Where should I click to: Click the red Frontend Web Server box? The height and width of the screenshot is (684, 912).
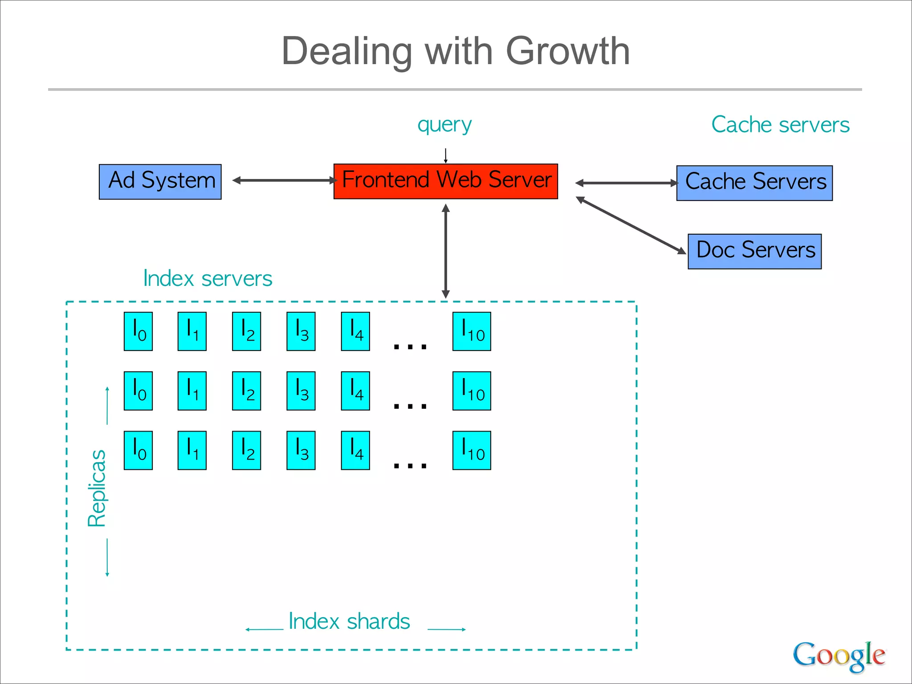click(x=445, y=181)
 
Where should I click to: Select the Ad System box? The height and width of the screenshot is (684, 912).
click(x=160, y=182)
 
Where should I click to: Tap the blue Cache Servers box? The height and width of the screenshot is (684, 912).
click(x=754, y=183)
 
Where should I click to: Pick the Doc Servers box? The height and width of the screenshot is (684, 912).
click(x=754, y=251)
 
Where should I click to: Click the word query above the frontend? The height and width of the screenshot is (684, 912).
click(x=444, y=125)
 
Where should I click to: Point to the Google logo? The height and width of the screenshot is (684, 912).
click(x=839, y=655)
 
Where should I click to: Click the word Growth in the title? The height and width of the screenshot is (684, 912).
click(x=568, y=51)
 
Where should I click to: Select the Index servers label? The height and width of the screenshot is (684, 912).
click(x=208, y=279)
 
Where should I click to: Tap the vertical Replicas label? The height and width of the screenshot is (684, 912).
click(x=97, y=488)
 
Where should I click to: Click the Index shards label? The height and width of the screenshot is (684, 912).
click(x=349, y=621)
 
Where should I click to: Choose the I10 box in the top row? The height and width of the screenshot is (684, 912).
click(x=472, y=331)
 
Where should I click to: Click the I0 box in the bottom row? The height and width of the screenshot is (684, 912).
click(x=138, y=450)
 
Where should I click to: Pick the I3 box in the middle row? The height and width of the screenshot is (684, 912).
click(x=301, y=391)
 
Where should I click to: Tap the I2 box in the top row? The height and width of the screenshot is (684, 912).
click(x=246, y=331)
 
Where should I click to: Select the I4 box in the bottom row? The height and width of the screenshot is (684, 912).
click(x=355, y=450)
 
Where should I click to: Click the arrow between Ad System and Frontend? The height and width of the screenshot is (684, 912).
click(x=285, y=180)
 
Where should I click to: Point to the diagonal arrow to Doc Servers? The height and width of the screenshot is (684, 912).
click(x=631, y=226)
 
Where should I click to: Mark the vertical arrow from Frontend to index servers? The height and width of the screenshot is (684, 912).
click(x=446, y=251)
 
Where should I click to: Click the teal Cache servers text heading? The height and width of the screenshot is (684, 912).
click(x=780, y=125)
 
